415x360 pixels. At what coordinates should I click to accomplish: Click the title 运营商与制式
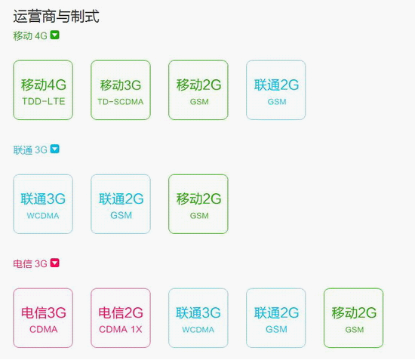point(56,16)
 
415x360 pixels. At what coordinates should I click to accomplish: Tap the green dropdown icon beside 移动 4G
point(55,35)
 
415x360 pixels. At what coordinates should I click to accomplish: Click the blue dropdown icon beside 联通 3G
point(55,149)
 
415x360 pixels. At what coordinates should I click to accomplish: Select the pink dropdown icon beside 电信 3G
point(55,263)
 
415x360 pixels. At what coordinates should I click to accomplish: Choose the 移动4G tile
point(43,90)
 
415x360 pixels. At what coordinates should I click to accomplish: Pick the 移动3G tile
point(121,90)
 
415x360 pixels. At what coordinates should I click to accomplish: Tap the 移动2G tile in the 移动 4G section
point(198,90)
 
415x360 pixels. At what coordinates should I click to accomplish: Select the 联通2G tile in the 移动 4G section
point(275,90)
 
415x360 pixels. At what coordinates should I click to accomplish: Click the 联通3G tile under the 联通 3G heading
point(43,204)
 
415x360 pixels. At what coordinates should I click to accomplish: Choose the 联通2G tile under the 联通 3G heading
point(121,204)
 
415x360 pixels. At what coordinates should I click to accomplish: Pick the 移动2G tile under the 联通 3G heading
point(198,204)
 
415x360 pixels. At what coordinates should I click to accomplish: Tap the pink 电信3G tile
point(43,318)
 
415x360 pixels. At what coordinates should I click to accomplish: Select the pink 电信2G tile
point(121,318)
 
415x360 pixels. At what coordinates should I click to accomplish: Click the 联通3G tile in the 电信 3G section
point(198,318)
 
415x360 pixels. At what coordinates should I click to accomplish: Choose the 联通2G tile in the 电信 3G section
point(275,318)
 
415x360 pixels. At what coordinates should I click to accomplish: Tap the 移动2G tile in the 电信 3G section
point(354,318)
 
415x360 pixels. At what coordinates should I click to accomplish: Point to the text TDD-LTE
point(44,101)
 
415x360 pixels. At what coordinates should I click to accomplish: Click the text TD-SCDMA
point(121,102)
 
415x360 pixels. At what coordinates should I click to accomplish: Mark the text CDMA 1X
point(121,329)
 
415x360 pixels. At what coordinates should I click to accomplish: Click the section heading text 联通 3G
point(30,150)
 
